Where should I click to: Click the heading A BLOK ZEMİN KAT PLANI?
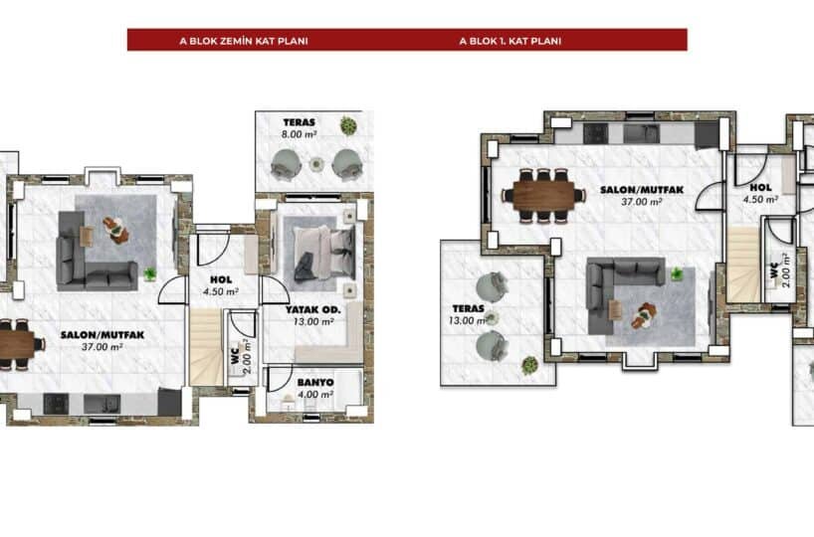point(244,41)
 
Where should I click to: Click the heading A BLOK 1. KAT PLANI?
point(509,41)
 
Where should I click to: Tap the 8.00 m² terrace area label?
point(299,134)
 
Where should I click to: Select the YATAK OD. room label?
point(313,309)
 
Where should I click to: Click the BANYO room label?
point(315,383)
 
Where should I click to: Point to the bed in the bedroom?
point(325,255)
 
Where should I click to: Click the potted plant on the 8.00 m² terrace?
point(348,125)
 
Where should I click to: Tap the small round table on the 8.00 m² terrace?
point(316,164)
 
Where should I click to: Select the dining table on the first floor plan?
point(543,196)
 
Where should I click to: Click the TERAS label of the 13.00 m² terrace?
point(469,308)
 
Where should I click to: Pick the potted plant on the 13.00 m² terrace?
point(529,365)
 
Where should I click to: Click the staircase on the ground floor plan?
point(207,347)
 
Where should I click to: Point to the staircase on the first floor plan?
point(744,265)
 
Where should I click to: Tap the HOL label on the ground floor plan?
point(221,279)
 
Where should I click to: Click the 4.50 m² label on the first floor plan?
point(760,199)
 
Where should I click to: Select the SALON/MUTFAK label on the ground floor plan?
point(102,335)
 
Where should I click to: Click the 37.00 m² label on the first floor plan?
point(642,202)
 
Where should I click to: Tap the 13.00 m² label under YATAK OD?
point(313,321)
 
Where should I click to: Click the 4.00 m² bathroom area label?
point(315,395)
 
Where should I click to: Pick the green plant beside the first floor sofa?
point(676,273)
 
